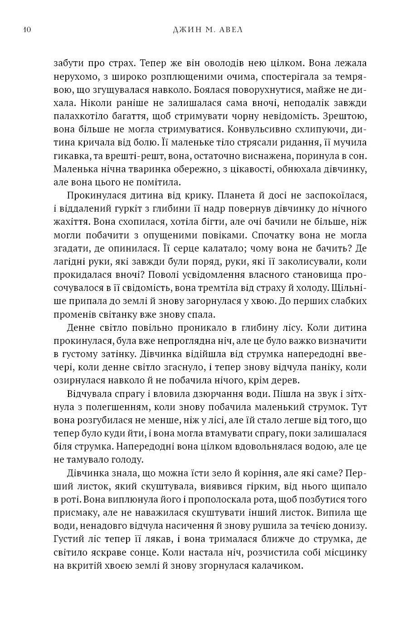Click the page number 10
pos(26,30)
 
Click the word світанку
pos(138,314)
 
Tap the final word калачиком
pos(278,566)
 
